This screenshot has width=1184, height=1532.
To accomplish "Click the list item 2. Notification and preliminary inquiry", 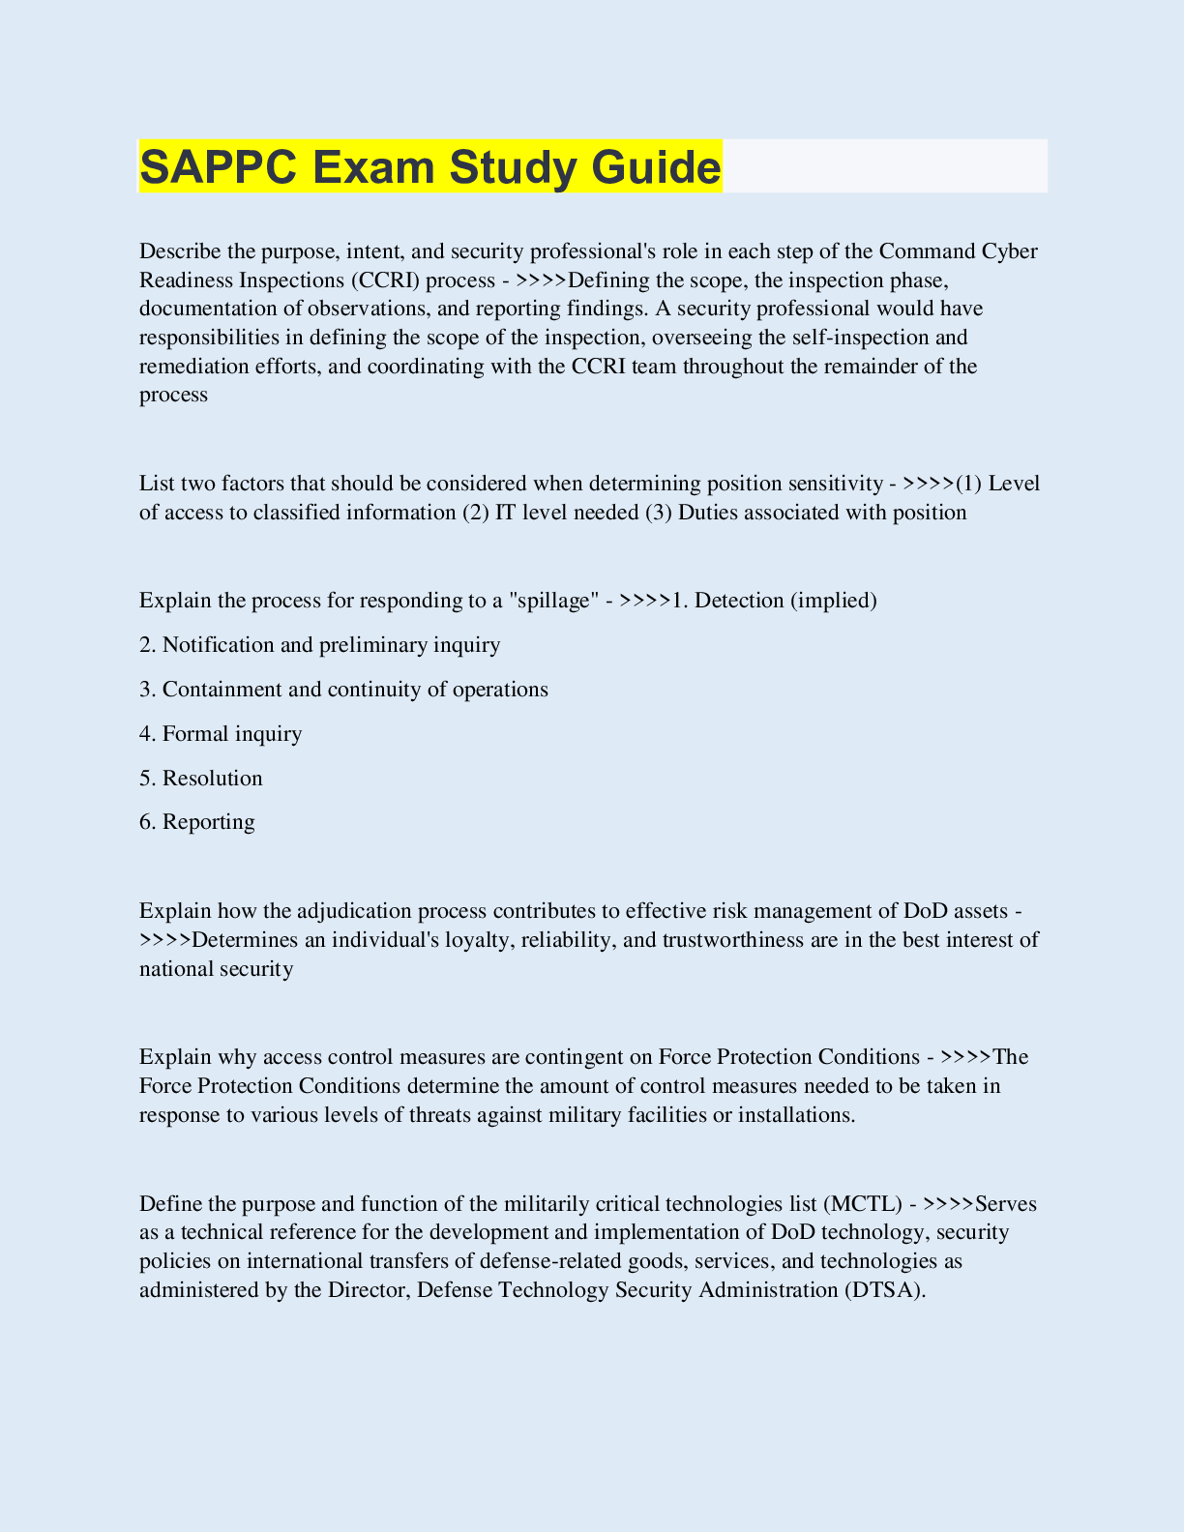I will [x=320, y=645].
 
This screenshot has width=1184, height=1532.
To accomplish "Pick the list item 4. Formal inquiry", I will [x=221, y=734].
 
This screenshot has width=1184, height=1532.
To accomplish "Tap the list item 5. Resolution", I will [x=201, y=779].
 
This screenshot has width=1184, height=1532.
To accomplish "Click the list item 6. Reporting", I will [x=197, y=822].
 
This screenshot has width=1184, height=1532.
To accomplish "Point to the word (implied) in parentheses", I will [x=834, y=601].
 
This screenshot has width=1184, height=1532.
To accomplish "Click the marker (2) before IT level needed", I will [x=476, y=513].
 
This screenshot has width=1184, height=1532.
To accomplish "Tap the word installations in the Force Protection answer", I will [x=796, y=1115].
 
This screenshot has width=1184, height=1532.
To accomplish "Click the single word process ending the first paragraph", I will [x=173, y=396].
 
